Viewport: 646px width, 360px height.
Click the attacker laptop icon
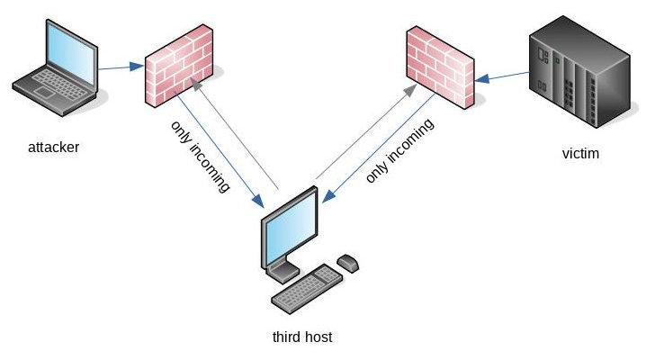pyautogui.click(x=54, y=72)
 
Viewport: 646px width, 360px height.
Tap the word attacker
pyautogui.click(x=53, y=146)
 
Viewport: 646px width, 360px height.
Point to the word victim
pyautogui.click(x=579, y=154)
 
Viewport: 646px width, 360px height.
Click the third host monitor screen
pyautogui.click(x=290, y=229)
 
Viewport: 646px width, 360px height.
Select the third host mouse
pyautogui.click(x=348, y=263)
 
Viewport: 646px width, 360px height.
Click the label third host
pyautogui.click(x=302, y=337)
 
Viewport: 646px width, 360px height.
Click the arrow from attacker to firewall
pyautogui.click(x=121, y=67)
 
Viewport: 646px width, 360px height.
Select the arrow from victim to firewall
pyautogui.click(x=504, y=76)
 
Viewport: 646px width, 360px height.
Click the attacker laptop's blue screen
pyautogui.click(x=62, y=58)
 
